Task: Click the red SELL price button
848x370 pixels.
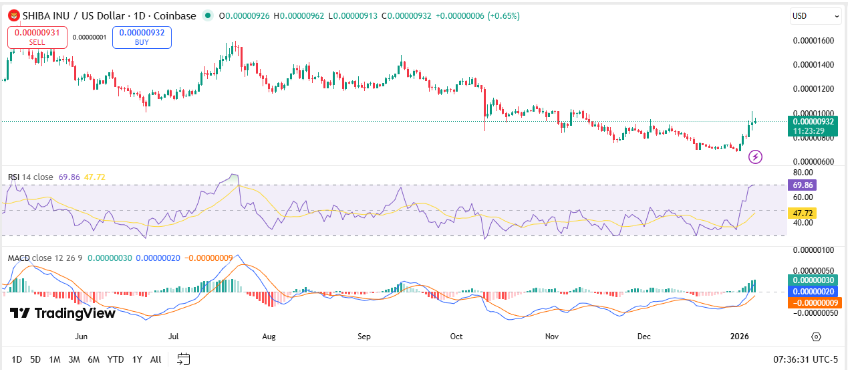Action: click(x=37, y=37)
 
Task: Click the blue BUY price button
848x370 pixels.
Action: click(x=142, y=37)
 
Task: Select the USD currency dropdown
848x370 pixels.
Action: click(x=816, y=16)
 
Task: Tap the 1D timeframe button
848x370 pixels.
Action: click(x=17, y=359)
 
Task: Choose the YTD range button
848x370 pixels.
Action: click(x=116, y=359)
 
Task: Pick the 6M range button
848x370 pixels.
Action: click(x=94, y=359)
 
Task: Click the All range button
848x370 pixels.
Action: click(x=156, y=359)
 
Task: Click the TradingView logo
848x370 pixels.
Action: click(x=63, y=313)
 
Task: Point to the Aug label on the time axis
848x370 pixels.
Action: click(x=269, y=337)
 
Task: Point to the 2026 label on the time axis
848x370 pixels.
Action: click(x=738, y=337)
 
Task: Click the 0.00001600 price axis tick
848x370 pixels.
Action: click(x=813, y=41)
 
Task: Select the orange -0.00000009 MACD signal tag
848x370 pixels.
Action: click(x=815, y=302)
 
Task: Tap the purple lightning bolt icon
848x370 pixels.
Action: click(x=755, y=157)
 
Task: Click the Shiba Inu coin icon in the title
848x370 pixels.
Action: click(x=13, y=15)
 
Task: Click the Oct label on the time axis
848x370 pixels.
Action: click(x=457, y=337)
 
